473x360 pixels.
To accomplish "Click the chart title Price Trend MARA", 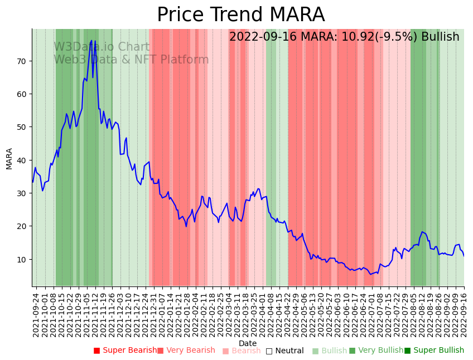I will tap(240, 15).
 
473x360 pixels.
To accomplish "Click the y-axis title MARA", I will tap(9, 158).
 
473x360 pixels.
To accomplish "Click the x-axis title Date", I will tap(248, 343).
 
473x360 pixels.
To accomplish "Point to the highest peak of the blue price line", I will tap(91, 40).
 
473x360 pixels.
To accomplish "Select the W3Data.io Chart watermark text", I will tap(102, 47).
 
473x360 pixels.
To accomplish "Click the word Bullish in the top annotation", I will tap(440, 37).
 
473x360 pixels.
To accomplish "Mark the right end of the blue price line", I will tap(464, 256).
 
